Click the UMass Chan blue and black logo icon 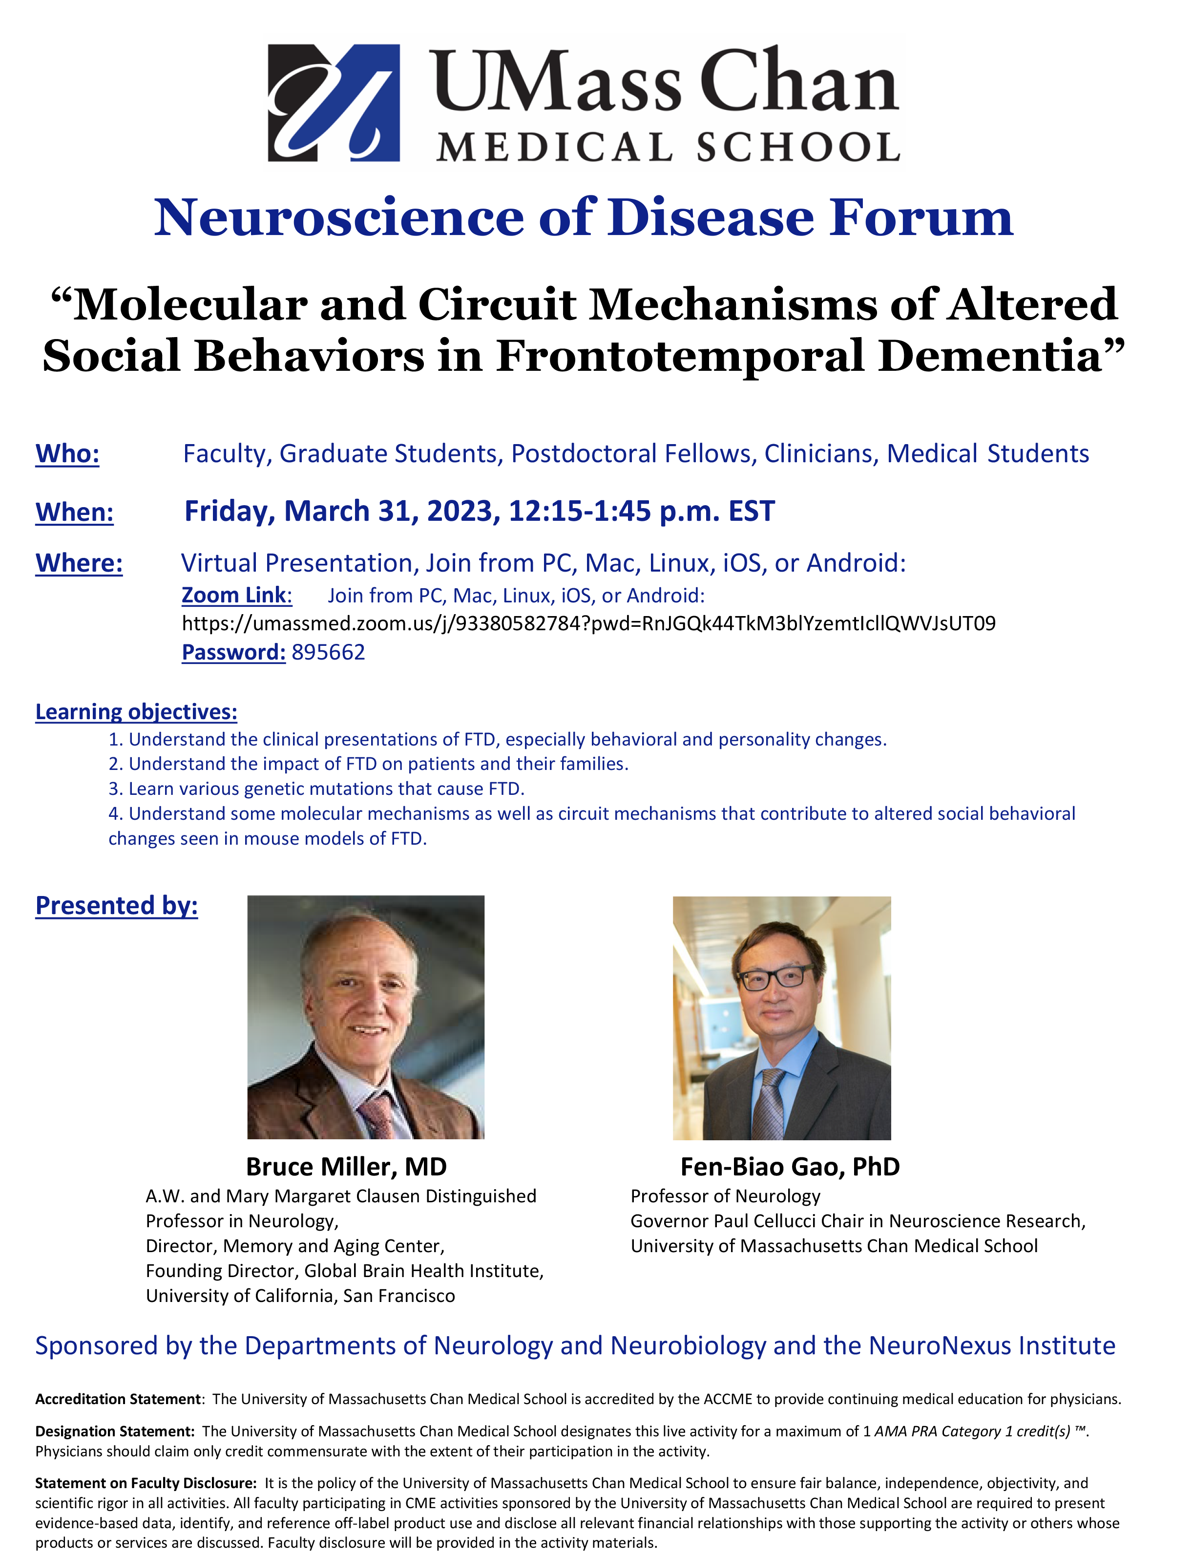(x=334, y=103)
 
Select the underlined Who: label (x=67, y=453)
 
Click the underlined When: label (x=75, y=512)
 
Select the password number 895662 (x=328, y=652)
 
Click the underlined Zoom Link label (x=236, y=595)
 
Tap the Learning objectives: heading (x=136, y=712)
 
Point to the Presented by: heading (x=116, y=906)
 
